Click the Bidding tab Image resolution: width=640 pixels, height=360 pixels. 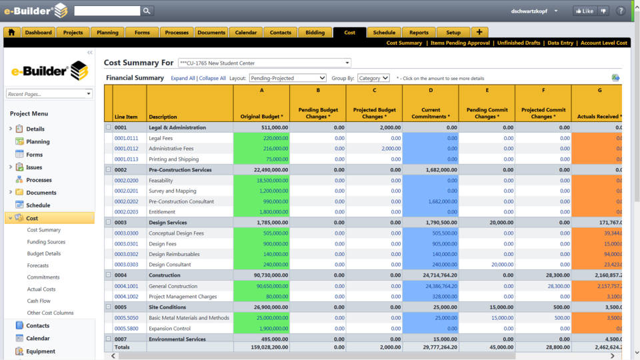tap(315, 32)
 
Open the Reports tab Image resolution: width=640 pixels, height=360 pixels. tap(419, 32)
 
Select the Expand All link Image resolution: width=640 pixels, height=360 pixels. tap(183, 78)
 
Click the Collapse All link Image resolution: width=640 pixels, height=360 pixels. tap(213, 78)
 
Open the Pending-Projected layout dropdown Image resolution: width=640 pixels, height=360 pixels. tap(287, 78)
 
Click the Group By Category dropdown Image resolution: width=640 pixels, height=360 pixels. tap(373, 78)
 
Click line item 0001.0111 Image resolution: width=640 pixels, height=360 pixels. tap(126, 138)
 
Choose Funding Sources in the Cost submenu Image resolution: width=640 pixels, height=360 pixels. tap(46, 242)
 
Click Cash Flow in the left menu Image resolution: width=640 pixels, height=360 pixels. tap(39, 301)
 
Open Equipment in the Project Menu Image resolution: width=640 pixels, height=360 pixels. tap(41, 351)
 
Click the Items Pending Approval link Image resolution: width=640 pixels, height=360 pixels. tap(461, 43)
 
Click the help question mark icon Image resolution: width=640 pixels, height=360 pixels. tap(621, 11)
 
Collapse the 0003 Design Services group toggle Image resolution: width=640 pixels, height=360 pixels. tap(109, 223)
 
